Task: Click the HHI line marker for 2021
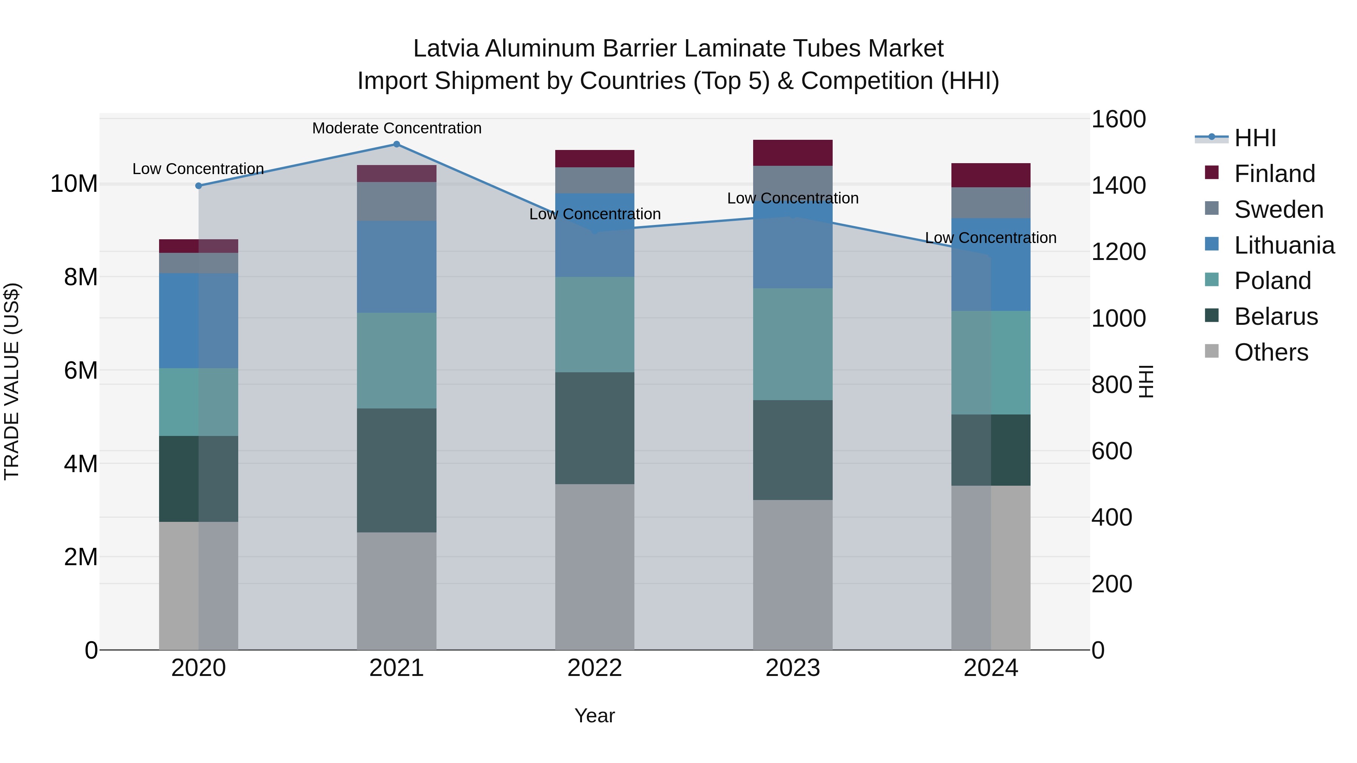click(x=397, y=144)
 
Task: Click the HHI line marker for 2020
click(x=199, y=186)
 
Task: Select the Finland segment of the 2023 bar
click(x=792, y=153)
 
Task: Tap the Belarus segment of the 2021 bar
click(x=397, y=470)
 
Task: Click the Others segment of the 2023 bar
click(x=792, y=575)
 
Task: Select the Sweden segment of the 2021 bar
click(x=397, y=201)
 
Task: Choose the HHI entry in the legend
click(x=1255, y=138)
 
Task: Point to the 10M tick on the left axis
click(x=74, y=184)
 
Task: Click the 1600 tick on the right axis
click(x=1118, y=119)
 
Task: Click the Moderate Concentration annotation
click(x=397, y=128)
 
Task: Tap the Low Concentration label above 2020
click(x=198, y=169)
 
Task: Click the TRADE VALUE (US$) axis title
click(x=12, y=381)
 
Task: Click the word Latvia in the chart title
click(x=446, y=49)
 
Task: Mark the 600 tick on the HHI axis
click(x=1112, y=451)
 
